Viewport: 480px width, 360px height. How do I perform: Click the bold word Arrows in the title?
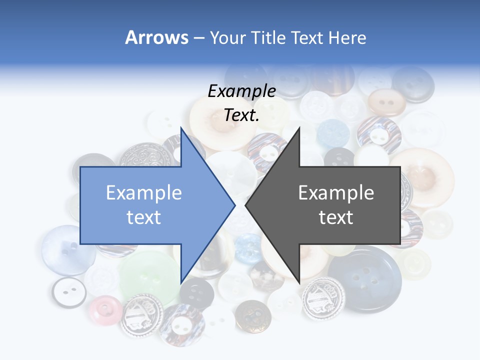[156, 37]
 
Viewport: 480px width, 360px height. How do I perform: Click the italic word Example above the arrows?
[241, 91]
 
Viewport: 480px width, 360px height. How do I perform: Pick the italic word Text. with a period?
[241, 115]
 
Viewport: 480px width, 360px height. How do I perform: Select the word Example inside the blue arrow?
[144, 193]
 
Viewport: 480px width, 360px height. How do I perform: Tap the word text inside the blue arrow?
[144, 217]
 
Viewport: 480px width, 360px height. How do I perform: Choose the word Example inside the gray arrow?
[336, 193]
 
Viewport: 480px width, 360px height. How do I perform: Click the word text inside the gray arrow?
[336, 217]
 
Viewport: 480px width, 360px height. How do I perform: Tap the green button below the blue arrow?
[149, 276]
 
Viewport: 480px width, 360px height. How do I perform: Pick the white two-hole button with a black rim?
[69, 292]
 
